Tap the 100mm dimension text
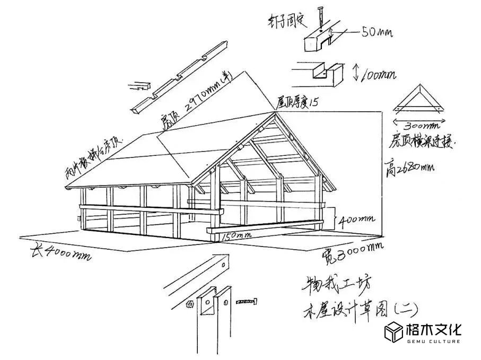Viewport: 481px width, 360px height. click(378, 75)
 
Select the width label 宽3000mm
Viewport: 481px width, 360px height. click(352, 254)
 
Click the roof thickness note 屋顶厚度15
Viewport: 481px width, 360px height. click(297, 102)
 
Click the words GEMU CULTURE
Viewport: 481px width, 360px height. click(433, 341)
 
